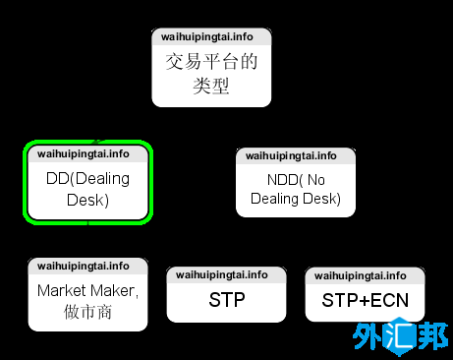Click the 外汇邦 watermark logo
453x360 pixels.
coord(400,338)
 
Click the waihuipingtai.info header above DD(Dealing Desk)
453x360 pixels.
coord(84,153)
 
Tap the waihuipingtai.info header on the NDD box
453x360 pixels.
coord(291,155)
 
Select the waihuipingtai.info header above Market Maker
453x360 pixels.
coord(84,266)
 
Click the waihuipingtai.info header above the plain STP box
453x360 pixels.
coord(222,274)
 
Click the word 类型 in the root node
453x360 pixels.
coord(210,87)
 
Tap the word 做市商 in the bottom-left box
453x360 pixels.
coord(88,313)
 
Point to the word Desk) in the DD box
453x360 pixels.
coord(88,201)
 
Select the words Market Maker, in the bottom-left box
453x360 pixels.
coord(88,291)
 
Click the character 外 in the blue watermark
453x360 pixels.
coord(369,338)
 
